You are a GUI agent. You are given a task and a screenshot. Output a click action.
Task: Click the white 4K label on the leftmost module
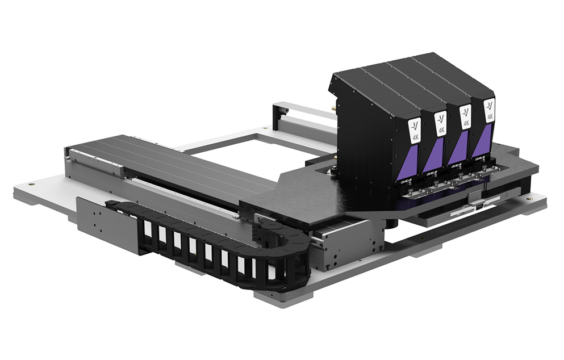415,130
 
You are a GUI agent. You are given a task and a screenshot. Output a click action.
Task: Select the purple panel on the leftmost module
412,158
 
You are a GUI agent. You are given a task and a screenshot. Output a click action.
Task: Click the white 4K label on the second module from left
440,123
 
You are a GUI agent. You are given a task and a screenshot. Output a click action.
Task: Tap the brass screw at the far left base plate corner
32,184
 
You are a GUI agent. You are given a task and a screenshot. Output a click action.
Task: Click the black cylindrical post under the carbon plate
392,223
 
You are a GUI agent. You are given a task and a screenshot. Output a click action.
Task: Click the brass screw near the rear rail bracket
264,130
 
